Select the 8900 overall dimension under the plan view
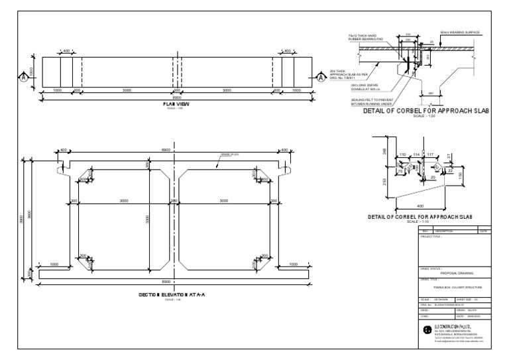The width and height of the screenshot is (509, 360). [x=176, y=97]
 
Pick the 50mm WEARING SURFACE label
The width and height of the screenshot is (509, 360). [x=460, y=31]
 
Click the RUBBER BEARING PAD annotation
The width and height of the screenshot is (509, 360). [x=368, y=38]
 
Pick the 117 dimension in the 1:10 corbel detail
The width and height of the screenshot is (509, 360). [x=429, y=154]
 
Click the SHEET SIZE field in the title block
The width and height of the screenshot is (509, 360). [x=471, y=299]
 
